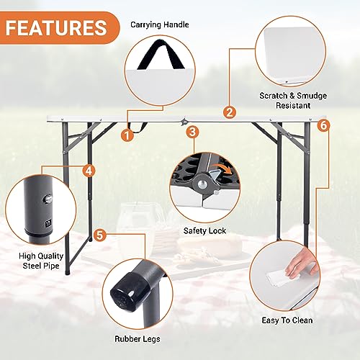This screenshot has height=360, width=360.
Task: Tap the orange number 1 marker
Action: pos(127,133)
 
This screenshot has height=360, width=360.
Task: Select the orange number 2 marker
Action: pos(230,112)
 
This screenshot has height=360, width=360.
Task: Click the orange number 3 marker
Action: pos(192,132)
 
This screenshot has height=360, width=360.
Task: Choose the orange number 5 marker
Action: pos(100,235)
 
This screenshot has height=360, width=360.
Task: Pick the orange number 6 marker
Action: pos(323,125)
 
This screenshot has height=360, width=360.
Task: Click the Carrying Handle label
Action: pos(160,24)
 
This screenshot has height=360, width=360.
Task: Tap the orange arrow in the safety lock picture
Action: pos(224,172)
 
